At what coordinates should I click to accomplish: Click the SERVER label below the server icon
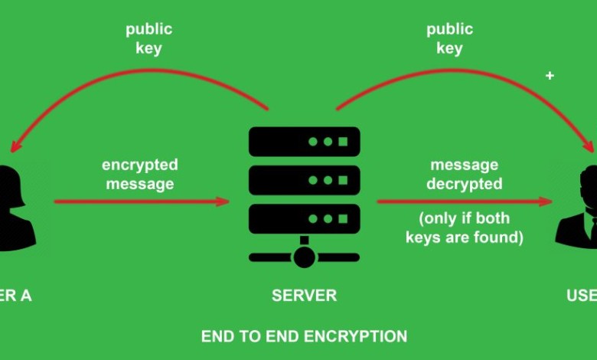(x=304, y=296)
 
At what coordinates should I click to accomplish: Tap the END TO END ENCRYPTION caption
(x=304, y=336)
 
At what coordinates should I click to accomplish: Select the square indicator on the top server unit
(x=343, y=142)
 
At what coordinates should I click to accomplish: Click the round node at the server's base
(x=304, y=257)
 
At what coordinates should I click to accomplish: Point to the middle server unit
(x=304, y=180)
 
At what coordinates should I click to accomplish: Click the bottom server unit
(x=304, y=218)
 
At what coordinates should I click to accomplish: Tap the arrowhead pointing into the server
(x=223, y=201)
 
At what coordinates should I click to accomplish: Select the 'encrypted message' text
(x=140, y=175)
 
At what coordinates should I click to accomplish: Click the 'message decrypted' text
(x=464, y=175)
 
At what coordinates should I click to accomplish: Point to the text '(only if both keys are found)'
(x=464, y=228)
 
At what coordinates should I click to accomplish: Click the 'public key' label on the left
(x=149, y=39)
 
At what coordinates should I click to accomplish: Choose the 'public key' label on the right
(x=449, y=39)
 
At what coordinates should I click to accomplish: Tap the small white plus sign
(x=549, y=76)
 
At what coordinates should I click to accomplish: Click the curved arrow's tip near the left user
(x=11, y=148)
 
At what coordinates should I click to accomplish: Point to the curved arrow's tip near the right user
(x=591, y=148)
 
